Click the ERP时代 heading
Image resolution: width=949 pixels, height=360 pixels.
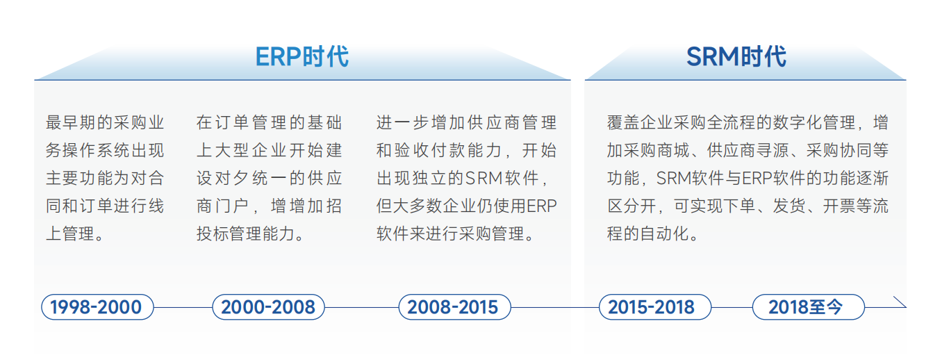pos(302,56)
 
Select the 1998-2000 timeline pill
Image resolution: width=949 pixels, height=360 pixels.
pos(96,306)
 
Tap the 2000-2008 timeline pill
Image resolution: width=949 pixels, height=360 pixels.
pos(268,306)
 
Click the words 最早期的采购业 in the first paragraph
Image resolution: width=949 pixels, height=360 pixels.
pos(105,123)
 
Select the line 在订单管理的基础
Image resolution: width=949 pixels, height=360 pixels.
pos(269,123)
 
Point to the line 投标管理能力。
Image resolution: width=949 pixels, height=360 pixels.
pos(251,234)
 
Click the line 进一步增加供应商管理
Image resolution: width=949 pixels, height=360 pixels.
pos(466,123)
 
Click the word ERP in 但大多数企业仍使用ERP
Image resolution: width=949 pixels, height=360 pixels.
pos(542,206)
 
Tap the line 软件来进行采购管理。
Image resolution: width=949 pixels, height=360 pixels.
pos(456,234)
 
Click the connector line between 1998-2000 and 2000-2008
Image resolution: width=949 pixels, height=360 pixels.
pos(182,306)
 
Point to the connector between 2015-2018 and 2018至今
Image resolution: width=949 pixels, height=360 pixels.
pos(732,306)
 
